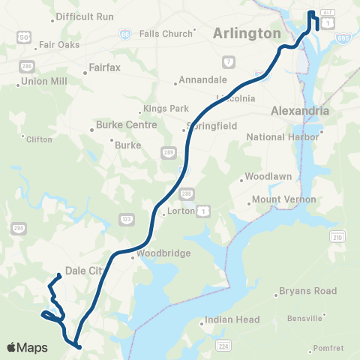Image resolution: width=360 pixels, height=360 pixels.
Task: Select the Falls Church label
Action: pyautogui.click(x=166, y=34)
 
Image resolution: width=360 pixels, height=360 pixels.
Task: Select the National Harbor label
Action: pyautogui.click(x=282, y=137)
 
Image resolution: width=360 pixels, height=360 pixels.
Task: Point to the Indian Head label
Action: pyautogui.click(x=235, y=319)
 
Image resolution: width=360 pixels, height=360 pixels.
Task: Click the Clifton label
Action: pyautogui.click(x=39, y=139)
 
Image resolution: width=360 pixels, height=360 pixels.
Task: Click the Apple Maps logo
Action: pyautogui.click(x=27, y=347)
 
